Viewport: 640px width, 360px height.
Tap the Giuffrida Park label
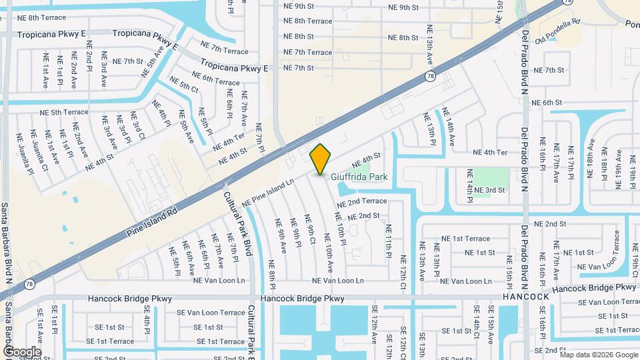359,177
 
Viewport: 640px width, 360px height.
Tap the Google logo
22,352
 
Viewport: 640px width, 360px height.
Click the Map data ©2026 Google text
599,354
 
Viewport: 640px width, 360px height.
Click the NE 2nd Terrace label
361,201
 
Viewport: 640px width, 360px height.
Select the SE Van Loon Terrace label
211,312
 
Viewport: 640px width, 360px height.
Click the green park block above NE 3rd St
494,174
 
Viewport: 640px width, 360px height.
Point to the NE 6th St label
543,103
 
